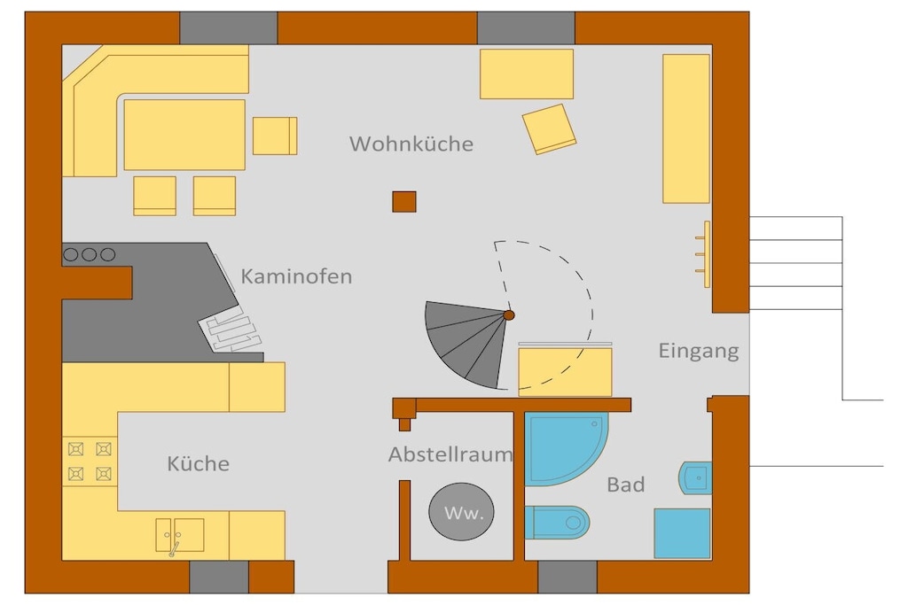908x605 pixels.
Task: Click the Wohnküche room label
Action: click(411, 143)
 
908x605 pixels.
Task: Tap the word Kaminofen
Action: click(296, 276)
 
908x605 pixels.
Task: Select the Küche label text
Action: click(198, 463)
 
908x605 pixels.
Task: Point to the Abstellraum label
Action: click(450, 454)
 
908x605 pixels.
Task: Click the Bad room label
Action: click(625, 485)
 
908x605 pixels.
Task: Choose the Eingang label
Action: click(699, 351)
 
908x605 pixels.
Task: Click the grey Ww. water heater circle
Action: click(461, 512)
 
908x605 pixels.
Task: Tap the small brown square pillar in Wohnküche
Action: click(404, 202)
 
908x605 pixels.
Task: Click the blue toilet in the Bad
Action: click(557, 523)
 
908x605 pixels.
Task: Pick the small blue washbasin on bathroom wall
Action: click(695, 477)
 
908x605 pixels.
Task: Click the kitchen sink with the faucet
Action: click(179, 535)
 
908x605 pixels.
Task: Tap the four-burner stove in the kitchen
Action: click(90, 462)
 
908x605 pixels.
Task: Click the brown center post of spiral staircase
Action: click(509, 315)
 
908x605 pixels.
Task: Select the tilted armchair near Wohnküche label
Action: click(549, 129)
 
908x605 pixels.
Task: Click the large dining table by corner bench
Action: click(184, 135)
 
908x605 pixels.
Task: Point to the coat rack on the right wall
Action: click(703, 254)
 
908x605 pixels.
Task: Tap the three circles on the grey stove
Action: click(90, 254)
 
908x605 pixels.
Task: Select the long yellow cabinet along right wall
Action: click(686, 128)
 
